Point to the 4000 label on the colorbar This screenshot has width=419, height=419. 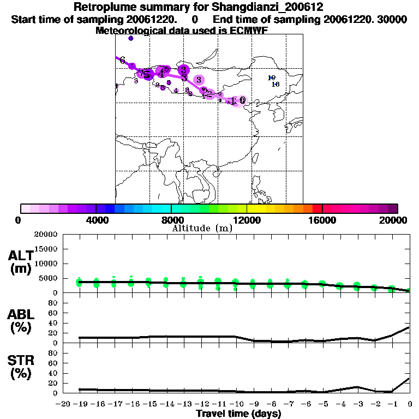tap(95, 220)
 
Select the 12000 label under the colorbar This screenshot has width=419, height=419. tap(247, 220)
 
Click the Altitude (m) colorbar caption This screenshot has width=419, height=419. tap(202, 228)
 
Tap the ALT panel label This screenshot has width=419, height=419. tap(21, 255)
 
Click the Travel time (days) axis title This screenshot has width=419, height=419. tap(238, 414)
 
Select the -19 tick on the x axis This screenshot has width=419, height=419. tap(80, 404)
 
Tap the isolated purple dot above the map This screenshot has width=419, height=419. tap(130, 38)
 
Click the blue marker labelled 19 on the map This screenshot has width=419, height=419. tap(272, 78)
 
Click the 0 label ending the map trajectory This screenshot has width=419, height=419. tap(242, 100)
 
